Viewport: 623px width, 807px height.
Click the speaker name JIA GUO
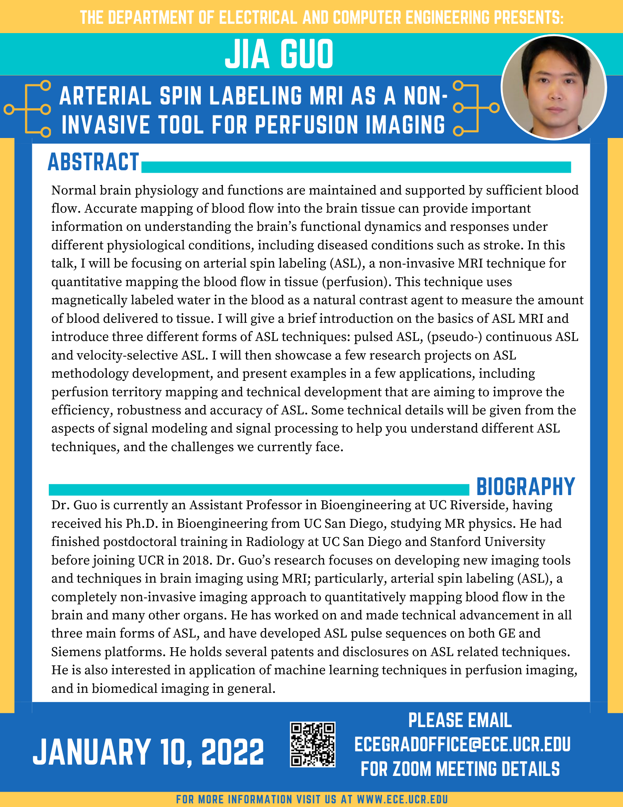click(279, 54)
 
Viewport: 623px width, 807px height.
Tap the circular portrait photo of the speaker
click(553, 88)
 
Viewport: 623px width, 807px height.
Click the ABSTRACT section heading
click(93, 162)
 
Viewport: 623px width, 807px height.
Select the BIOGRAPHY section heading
click(525, 487)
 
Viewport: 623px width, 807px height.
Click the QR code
click(313, 745)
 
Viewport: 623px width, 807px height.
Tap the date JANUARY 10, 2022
click(148, 752)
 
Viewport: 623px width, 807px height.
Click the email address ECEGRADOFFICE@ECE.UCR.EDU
click(462, 744)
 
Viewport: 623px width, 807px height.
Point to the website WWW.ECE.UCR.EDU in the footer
click(402, 799)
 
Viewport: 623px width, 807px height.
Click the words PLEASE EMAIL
click(460, 720)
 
